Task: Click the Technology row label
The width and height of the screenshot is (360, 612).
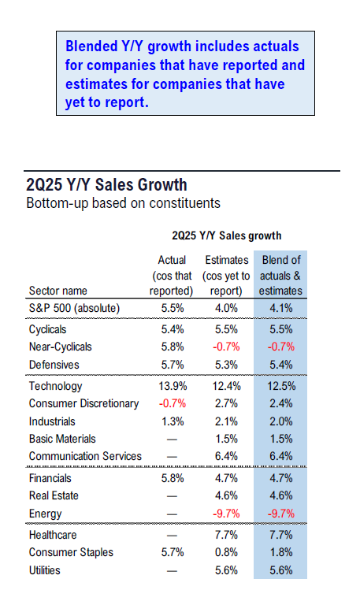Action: click(x=55, y=386)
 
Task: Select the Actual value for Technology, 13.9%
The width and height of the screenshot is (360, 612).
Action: click(x=173, y=386)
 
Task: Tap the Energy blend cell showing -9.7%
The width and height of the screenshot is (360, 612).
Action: click(x=280, y=514)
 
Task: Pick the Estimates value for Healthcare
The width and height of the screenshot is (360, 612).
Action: click(x=226, y=535)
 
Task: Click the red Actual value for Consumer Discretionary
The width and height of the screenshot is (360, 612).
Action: click(x=173, y=403)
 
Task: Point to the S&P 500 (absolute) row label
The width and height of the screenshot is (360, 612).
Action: click(x=74, y=308)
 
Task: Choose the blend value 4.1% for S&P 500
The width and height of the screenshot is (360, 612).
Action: click(x=280, y=308)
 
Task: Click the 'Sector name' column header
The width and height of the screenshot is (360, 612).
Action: click(x=58, y=291)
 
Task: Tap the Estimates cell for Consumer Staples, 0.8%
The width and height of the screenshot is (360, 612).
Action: click(x=226, y=552)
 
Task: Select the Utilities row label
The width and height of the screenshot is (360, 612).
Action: click(x=45, y=570)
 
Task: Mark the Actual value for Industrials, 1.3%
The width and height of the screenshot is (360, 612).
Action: click(x=173, y=421)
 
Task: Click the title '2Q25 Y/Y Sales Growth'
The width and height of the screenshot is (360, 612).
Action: click(x=106, y=185)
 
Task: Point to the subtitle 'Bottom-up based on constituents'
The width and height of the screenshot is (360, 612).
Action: click(x=123, y=203)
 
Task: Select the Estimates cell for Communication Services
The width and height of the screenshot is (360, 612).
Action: click(x=226, y=456)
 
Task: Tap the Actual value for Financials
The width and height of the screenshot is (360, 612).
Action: click(x=173, y=478)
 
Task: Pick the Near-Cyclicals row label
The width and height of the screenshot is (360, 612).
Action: click(x=60, y=347)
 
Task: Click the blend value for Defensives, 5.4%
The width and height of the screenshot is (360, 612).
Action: click(x=280, y=365)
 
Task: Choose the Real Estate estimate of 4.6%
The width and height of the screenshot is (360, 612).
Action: click(x=226, y=495)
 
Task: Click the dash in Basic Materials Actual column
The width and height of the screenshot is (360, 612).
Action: click(x=172, y=440)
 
